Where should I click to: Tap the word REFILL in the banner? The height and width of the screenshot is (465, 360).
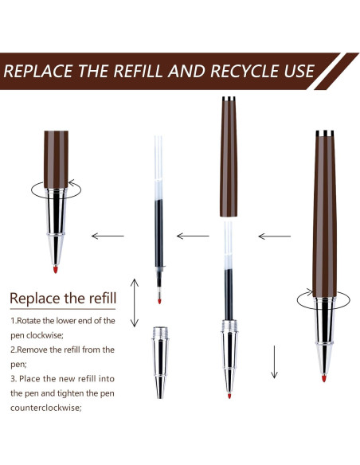pyautogui.click(x=138, y=71)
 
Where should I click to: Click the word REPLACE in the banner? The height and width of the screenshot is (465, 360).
pyautogui.click(x=38, y=71)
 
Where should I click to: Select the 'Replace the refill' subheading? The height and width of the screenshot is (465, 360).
pyautogui.click(x=63, y=298)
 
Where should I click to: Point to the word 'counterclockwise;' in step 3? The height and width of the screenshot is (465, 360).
pyautogui.click(x=46, y=408)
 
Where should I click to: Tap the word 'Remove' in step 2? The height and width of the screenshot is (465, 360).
pyautogui.click(x=32, y=350)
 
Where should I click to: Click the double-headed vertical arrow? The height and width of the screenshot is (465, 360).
pyautogui.click(x=135, y=303)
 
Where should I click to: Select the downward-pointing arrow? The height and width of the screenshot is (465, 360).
pyautogui.click(x=274, y=361)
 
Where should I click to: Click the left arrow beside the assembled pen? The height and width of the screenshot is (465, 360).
pyautogui.click(x=275, y=236)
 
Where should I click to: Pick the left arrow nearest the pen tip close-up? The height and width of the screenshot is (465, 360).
pyautogui.click(x=108, y=236)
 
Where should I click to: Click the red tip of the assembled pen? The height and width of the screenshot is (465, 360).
pyautogui.click(x=324, y=378)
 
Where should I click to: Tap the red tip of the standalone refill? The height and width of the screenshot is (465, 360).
pyautogui.click(x=159, y=301)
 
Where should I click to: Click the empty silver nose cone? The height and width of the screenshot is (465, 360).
pyautogui.click(x=160, y=363)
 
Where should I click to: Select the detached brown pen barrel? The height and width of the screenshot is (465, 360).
pyautogui.click(x=229, y=157)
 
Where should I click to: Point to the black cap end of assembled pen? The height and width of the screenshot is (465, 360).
pyautogui.click(x=325, y=133)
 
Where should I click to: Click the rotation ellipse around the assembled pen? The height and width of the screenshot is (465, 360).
pyautogui.click(x=297, y=300)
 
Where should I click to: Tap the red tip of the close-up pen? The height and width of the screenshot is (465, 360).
pyautogui.click(x=55, y=269)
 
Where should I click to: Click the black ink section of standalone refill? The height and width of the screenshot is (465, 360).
pyautogui.click(x=159, y=233)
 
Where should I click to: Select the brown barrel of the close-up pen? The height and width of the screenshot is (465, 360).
pyautogui.click(x=56, y=159)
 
